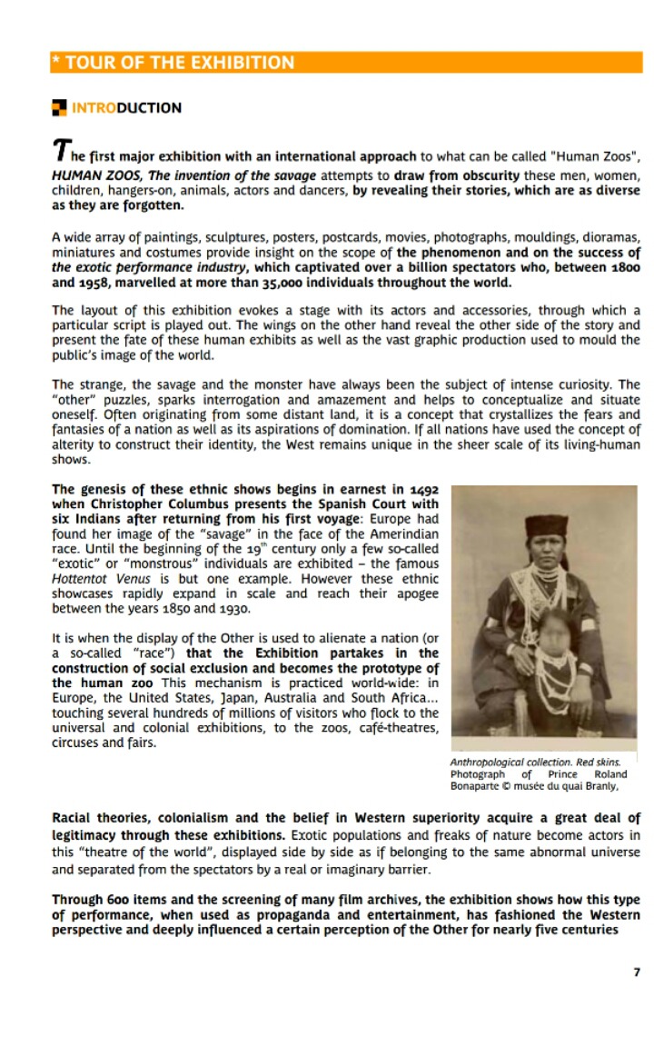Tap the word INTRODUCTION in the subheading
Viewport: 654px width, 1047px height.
tap(126, 108)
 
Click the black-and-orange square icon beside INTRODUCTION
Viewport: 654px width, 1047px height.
tap(59, 108)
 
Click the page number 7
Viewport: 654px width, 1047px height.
tap(637, 972)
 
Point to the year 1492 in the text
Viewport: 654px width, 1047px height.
tap(425, 490)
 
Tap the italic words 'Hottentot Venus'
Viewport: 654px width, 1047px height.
tap(95, 579)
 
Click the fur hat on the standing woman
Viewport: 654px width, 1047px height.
tap(545, 526)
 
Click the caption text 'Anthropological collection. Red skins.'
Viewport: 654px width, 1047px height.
tap(536, 762)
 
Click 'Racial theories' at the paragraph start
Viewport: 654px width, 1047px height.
tap(101, 818)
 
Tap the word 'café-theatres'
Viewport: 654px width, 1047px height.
tap(400, 728)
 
